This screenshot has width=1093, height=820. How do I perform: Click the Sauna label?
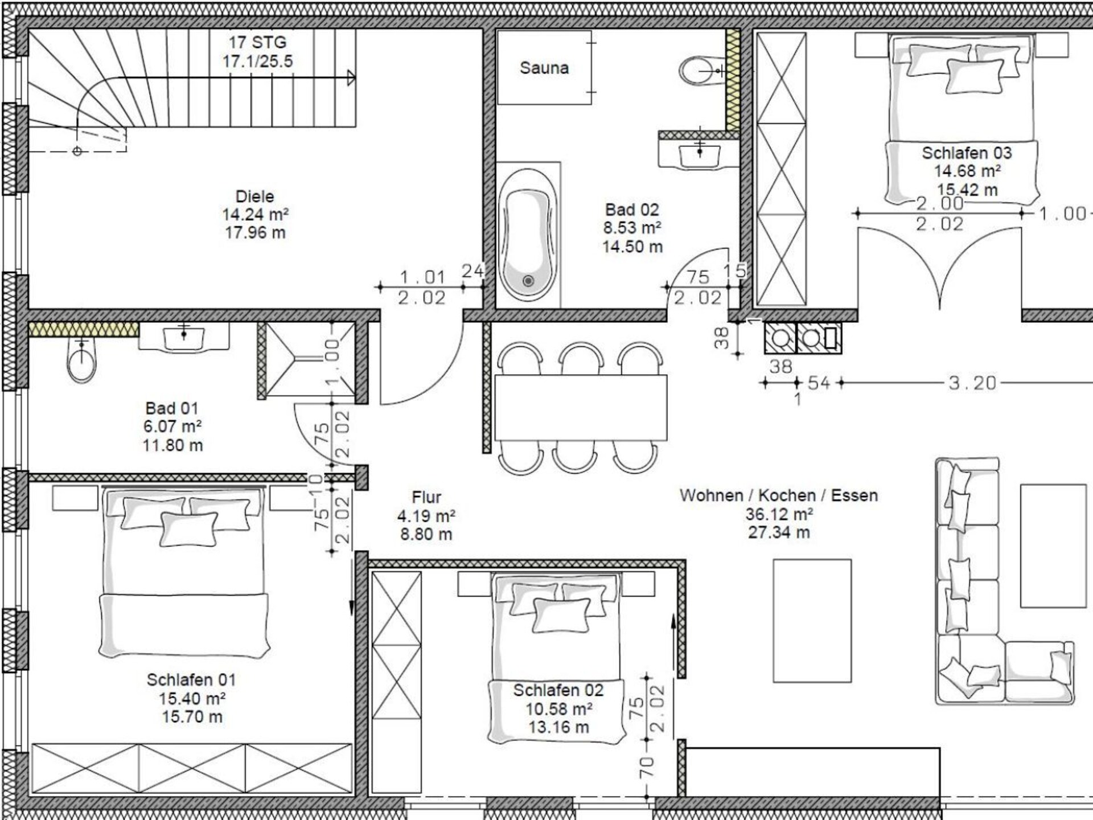tap(544, 68)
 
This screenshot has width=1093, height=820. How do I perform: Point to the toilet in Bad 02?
tap(702, 71)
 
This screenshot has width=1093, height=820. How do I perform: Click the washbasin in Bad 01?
tap(183, 337)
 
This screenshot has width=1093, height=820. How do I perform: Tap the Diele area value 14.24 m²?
tap(255, 215)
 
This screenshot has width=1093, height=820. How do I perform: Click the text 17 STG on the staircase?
tap(257, 42)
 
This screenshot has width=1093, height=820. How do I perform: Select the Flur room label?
tap(426, 497)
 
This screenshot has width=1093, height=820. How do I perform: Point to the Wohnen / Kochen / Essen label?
tap(778, 495)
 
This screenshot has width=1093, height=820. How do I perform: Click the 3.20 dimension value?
tap(972, 383)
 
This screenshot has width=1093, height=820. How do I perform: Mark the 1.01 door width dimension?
tap(422, 277)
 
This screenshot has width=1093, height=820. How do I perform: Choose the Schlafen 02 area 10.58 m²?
tap(558, 709)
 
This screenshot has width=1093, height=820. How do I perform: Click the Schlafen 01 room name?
tap(191, 679)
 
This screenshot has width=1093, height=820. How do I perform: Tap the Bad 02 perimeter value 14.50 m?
tap(632, 247)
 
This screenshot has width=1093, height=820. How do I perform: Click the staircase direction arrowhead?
tap(351, 78)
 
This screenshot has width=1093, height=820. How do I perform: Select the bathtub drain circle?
tap(528, 281)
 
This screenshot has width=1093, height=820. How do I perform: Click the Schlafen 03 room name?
tap(967, 153)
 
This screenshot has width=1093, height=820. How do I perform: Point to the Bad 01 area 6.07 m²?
tap(172, 427)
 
